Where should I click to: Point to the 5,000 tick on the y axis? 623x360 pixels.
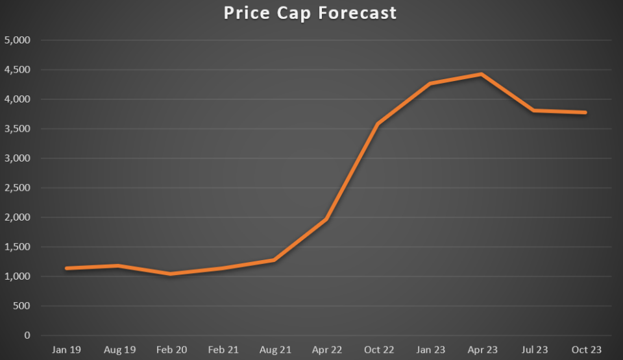click(x=18, y=40)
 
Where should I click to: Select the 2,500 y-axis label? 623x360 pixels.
click(x=18, y=188)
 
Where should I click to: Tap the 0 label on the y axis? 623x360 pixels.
click(x=27, y=335)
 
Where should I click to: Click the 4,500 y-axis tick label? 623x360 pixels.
click(x=18, y=70)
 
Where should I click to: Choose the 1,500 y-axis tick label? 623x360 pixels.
click(x=18, y=247)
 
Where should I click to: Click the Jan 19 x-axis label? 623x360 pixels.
click(x=67, y=350)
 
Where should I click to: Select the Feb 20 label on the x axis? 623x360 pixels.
click(x=171, y=350)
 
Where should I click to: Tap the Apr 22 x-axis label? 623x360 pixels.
click(x=326, y=350)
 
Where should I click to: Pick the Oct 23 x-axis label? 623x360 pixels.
click(x=586, y=350)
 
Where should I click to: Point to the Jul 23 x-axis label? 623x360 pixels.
click(x=534, y=350)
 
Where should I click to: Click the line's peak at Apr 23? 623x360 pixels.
click(x=482, y=75)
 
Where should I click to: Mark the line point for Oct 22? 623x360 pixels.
click(x=378, y=124)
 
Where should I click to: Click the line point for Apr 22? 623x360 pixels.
click(x=326, y=219)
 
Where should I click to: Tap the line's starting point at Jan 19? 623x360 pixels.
click(x=67, y=268)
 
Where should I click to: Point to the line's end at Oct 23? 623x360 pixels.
click(x=585, y=112)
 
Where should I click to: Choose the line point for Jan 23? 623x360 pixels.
click(x=430, y=84)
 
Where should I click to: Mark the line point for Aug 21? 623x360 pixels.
click(x=275, y=260)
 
